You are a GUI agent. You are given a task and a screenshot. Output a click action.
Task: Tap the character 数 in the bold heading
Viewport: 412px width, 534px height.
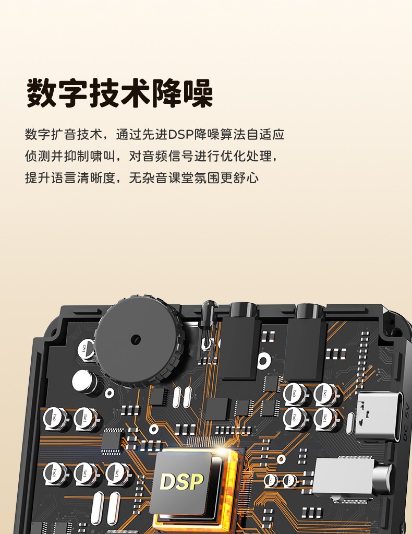42,93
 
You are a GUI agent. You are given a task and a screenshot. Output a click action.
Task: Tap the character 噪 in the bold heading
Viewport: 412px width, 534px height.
198,93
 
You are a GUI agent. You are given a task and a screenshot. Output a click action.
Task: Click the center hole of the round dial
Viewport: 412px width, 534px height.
136,339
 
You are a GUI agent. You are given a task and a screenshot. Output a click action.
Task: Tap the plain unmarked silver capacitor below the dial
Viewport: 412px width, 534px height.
84,382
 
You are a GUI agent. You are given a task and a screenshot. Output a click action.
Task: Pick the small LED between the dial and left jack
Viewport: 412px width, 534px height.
208,318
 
